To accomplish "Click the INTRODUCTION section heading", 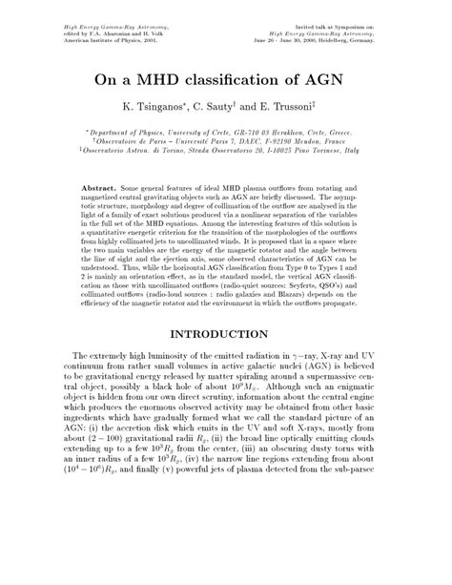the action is click(225, 335).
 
